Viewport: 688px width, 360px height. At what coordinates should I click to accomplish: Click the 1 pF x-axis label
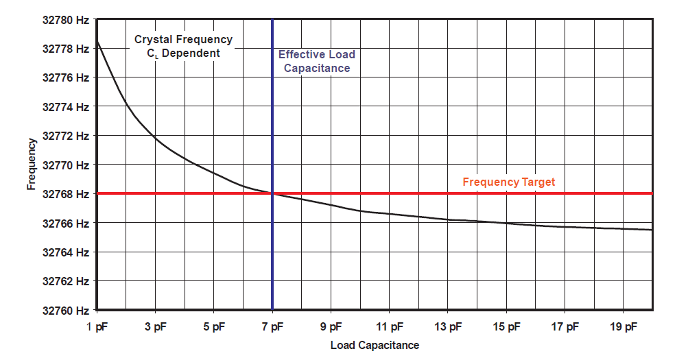(97, 326)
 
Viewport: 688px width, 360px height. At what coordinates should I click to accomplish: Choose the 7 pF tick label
(272, 326)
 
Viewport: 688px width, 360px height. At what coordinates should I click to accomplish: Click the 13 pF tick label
(448, 326)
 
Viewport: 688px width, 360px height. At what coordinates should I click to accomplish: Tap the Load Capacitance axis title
(375, 345)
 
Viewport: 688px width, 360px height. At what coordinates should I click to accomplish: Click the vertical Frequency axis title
(32, 165)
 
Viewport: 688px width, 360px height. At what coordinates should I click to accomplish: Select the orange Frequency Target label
(508, 182)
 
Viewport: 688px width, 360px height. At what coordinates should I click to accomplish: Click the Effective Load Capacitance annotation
(317, 61)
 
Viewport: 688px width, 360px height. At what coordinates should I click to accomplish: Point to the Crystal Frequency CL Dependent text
(183, 46)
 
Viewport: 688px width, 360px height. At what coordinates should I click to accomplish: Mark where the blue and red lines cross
(272, 193)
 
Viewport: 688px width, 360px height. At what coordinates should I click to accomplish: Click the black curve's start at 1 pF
(97, 42)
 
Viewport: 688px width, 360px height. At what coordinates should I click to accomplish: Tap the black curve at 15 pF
(506, 223)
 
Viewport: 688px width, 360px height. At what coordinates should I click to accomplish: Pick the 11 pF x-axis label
(390, 326)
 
